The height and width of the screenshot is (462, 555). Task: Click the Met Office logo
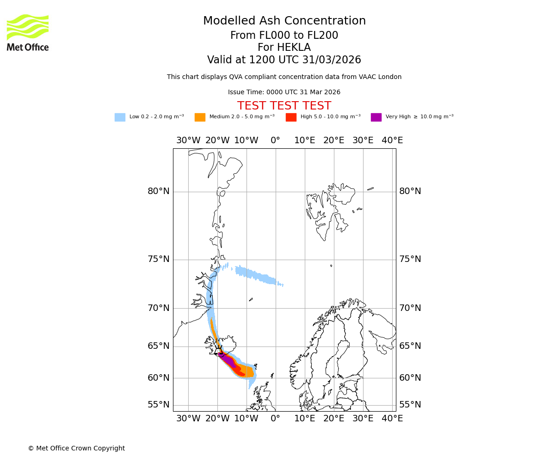click(x=28, y=32)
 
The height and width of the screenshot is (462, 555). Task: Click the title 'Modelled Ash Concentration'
click(x=284, y=21)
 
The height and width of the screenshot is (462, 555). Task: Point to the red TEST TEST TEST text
click(x=284, y=106)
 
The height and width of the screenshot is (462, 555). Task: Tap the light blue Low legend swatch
click(x=120, y=117)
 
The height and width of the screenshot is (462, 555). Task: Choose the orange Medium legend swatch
click(x=200, y=117)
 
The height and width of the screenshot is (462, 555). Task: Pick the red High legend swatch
click(x=291, y=117)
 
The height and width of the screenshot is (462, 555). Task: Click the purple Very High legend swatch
click(x=376, y=117)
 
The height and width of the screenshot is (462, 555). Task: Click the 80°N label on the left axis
click(x=159, y=191)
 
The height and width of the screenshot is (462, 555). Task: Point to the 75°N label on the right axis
click(x=410, y=259)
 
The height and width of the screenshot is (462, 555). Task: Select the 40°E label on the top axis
click(x=392, y=140)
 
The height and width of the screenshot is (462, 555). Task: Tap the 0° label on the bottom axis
click(x=276, y=419)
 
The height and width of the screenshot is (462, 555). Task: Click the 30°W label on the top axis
click(x=188, y=140)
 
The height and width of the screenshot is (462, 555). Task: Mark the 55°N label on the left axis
click(x=159, y=405)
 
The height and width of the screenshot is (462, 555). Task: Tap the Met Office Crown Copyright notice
click(x=76, y=449)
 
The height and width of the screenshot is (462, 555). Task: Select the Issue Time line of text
click(x=284, y=92)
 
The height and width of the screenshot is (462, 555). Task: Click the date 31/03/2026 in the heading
click(x=332, y=60)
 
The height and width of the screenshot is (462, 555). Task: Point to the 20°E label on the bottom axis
click(x=334, y=419)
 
